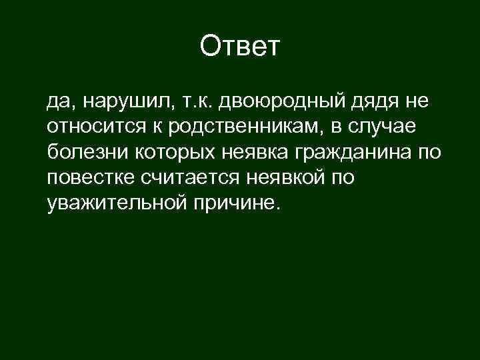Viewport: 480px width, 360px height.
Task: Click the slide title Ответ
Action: tap(241, 47)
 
